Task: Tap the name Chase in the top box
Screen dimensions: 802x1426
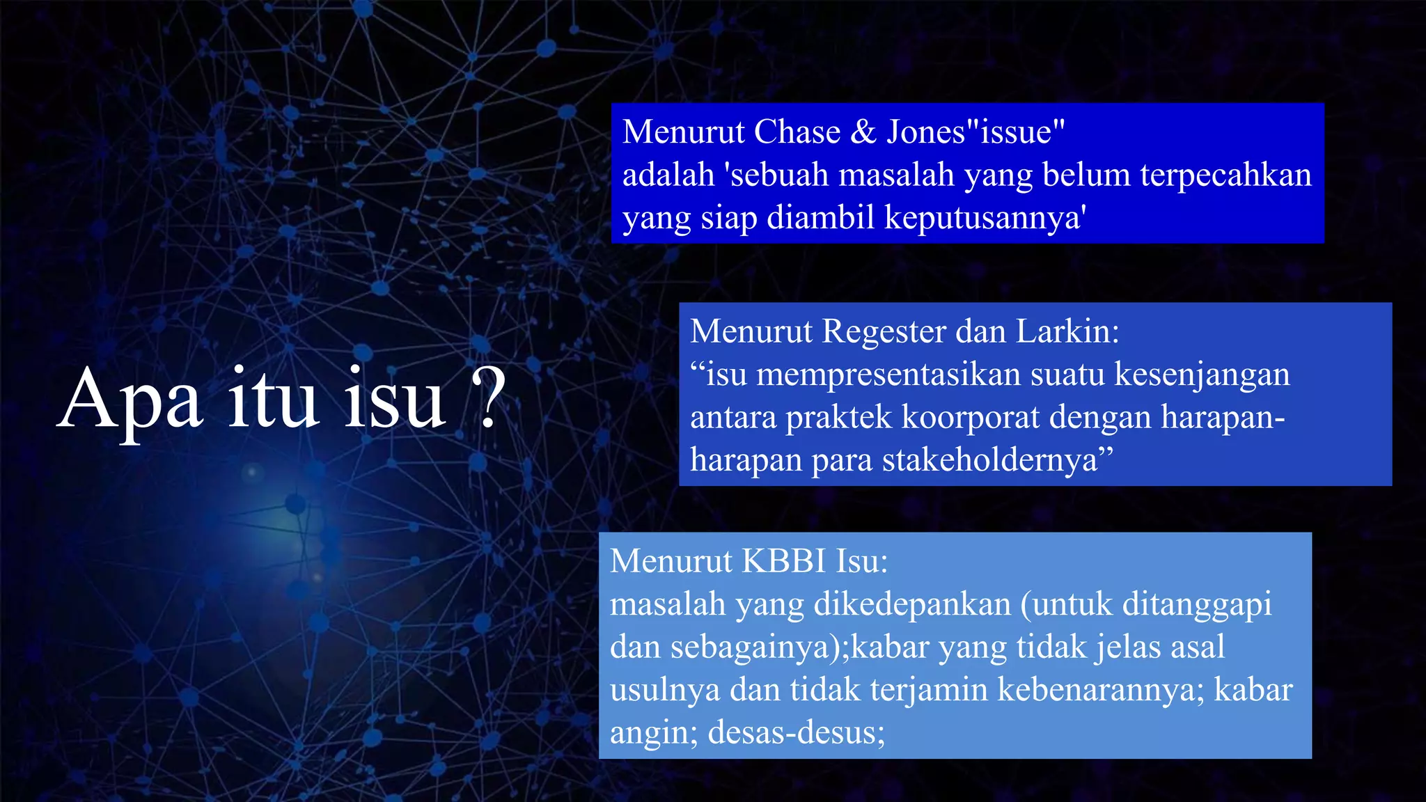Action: (797, 132)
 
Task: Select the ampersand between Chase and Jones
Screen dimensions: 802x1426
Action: (863, 132)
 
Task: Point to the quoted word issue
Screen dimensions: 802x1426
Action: (1016, 132)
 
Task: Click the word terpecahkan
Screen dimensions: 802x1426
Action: (1225, 175)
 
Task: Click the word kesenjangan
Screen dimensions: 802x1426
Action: (1202, 375)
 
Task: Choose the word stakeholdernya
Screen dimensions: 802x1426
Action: (992, 460)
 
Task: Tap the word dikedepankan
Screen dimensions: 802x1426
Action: (912, 604)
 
